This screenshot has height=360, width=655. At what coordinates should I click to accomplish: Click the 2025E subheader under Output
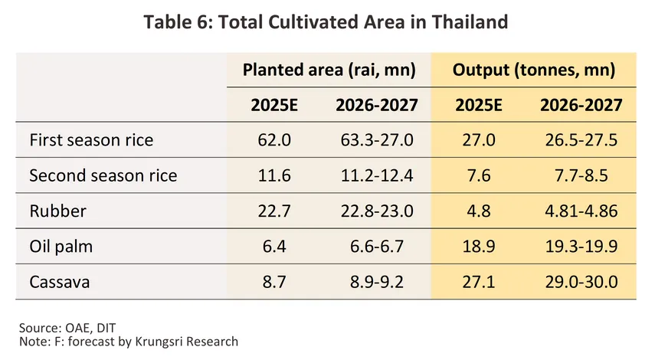click(x=478, y=105)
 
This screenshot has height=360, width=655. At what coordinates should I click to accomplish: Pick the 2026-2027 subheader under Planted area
click(x=376, y=105)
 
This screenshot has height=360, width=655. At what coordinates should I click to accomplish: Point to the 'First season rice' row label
click(x=91, y=140)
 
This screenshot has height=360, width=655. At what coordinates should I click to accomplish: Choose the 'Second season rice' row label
click(x=103, y=175)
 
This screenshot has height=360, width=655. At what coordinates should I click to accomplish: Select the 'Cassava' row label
click(x=60, y=281)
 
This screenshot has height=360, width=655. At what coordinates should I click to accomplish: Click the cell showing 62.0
click(x=275, y=140)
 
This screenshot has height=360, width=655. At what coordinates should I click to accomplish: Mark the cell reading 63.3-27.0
click(x=375, y=140)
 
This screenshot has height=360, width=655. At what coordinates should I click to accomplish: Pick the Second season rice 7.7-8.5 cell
click(x=580, y=175)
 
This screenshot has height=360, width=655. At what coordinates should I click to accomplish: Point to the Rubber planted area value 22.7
click(x=275, y=211)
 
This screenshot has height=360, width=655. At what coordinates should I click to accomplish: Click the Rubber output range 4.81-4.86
click(x=580, y=211)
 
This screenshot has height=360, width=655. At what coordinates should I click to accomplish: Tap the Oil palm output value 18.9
click(x=478, y=246)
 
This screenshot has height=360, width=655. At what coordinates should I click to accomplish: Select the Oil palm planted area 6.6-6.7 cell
click(x=375, y=246)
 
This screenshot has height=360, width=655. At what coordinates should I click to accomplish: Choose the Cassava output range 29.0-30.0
click(x=580, y=281)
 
